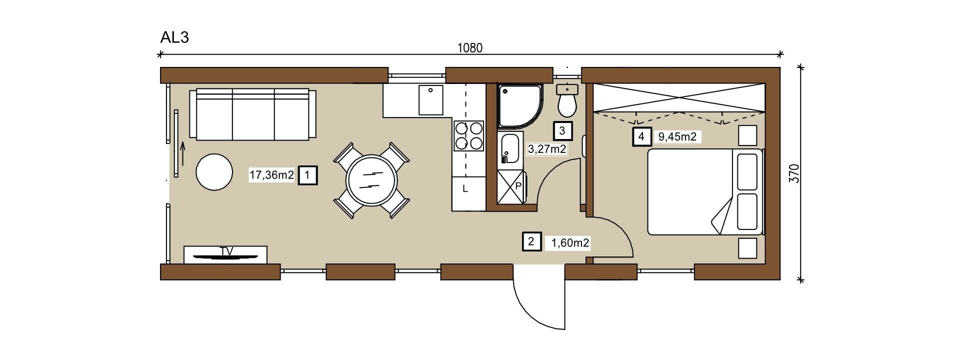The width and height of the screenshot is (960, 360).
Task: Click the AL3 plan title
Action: (174, 37)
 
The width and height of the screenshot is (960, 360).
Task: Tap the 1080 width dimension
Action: (469, 48)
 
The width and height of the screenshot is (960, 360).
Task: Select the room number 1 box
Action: (307, 175)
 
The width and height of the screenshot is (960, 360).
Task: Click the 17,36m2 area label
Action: (271, 175)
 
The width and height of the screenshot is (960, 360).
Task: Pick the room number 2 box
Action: (530, 242)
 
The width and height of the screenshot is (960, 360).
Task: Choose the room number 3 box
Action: (562, 131)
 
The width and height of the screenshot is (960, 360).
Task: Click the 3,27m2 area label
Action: (547, 148)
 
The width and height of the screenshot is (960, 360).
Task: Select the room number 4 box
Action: (641, 136)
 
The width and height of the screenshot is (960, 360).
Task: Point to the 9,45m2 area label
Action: (677, 136)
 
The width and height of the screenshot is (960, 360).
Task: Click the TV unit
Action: (225, 254)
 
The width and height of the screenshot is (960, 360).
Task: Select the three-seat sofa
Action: (252, 114)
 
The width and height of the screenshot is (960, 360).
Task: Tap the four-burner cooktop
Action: (469, 135)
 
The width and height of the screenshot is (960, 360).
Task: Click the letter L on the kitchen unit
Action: (464, 189)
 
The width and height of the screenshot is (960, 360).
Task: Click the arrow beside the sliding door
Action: (182, 153)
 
